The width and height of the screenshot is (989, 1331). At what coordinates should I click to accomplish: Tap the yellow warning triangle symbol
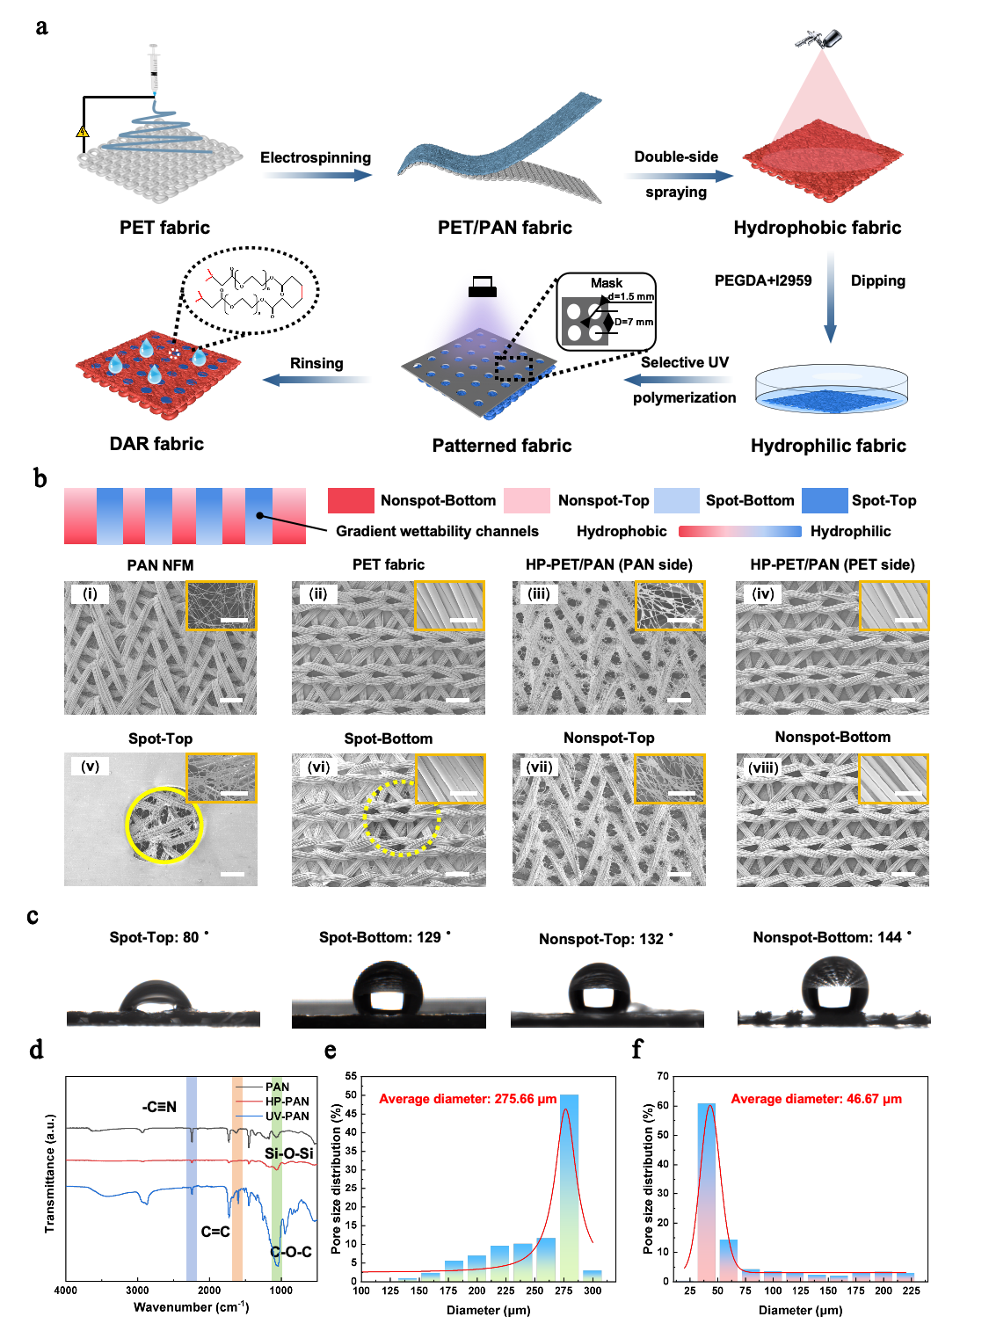click(x=83, y=133)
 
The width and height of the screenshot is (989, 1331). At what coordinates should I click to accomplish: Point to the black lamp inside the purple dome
click(x=482, y=287)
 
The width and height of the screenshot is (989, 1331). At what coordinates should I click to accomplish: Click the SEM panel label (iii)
click(x=539, y=594)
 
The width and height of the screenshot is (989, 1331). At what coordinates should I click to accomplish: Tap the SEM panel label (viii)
click(x=763, y=767)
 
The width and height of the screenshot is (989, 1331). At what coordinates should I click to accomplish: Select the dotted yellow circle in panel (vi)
click(x=402, y=818)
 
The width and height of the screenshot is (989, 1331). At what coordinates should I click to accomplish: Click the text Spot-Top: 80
click(x=155, y=938)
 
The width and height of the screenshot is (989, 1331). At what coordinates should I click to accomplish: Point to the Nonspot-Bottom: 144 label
click(x=827, y=938)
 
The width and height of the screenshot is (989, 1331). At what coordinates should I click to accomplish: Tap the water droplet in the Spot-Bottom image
click(x=388, y=989)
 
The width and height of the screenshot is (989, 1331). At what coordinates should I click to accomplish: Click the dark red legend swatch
click(x=351, y=500)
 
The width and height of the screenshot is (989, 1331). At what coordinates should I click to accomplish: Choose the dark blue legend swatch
click(x=825, y=500)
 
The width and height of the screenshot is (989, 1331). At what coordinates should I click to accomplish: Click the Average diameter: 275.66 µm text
click(x=468, y=1099)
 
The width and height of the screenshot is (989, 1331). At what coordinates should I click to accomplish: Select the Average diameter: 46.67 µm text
click(x=816, y=1099)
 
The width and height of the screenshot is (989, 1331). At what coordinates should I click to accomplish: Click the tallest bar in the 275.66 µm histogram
click(x=569, y=1187)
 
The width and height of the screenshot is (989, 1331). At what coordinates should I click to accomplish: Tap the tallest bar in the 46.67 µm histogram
click(x=707, y=1191)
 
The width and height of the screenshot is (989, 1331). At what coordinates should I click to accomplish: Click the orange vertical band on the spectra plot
click(x=237, y=1178)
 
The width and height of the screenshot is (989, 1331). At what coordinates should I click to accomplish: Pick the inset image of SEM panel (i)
click(x=222, y=605)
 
